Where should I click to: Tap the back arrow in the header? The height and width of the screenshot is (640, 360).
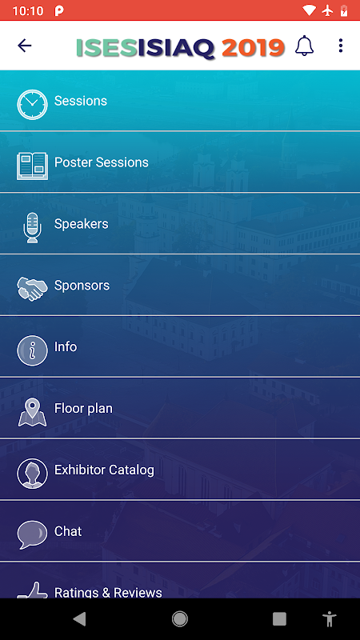click(x=25, y=46)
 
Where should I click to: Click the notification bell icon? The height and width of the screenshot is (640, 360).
click(x=304, y=46)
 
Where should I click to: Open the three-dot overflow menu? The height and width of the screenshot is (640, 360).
click(x=341, y=46)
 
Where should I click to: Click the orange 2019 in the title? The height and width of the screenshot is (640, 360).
click(x=253, y=48)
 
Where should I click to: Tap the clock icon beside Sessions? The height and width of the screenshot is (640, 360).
click(x=32, y=105)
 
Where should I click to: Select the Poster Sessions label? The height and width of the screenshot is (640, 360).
click(x=102, y=162)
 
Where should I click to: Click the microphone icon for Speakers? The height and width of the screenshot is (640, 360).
click(x=32, y=228)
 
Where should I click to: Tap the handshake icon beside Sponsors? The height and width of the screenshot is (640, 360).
click(x=31, y=289)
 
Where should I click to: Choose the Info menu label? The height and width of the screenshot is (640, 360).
click(x=66, y=346)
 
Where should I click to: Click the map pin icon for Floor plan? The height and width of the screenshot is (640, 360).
click(x=32, y=412)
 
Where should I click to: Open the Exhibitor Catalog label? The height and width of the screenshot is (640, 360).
click(x=104, y=470)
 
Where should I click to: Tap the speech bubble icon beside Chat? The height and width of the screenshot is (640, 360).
click(x=32, y=534)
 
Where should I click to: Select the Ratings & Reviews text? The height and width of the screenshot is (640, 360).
click(x=108, y=592)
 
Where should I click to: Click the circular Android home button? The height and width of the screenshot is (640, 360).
click(x=179, y=619)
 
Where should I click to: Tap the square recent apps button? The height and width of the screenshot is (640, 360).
click(x=279, y=619)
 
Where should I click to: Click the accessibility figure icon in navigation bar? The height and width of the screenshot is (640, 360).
click(x=329, y=619)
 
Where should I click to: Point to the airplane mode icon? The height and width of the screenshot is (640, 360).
click(x=327, y=10)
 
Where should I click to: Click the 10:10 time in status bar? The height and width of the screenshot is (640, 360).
click(x=28, y=11)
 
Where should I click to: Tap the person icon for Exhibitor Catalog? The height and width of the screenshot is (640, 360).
click(x=32, y=474)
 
